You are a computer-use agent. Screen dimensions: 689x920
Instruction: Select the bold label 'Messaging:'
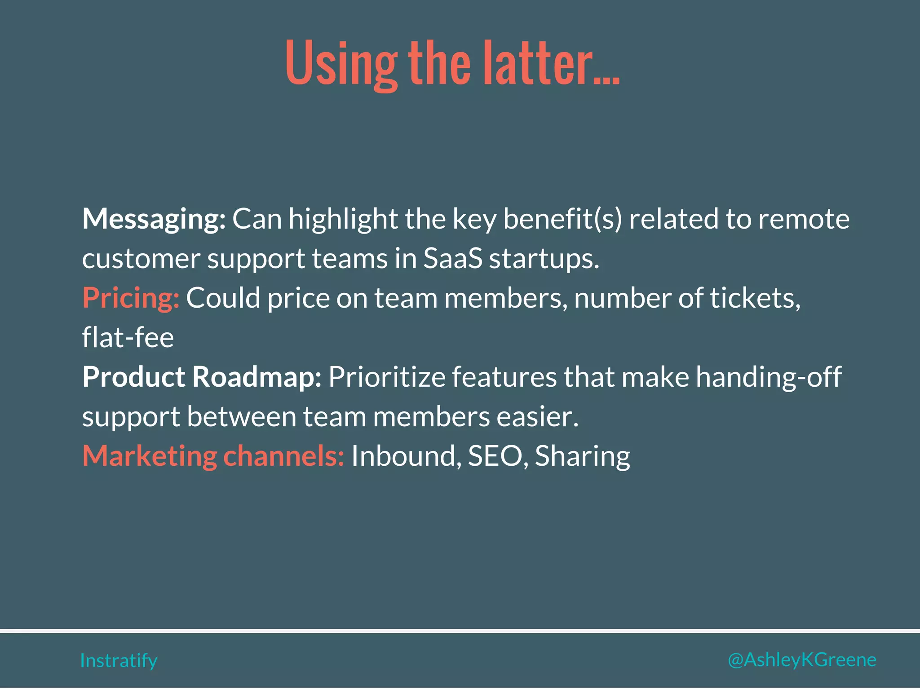[x=154, y=219]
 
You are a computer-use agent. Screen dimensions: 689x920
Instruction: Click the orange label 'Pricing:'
[x=131, y=298]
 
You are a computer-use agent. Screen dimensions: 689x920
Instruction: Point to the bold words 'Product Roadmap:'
[x=202, y=377]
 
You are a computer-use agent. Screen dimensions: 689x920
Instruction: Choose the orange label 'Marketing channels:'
[x=213, y=456]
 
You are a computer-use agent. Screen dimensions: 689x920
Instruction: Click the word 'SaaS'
[x=453, y=259]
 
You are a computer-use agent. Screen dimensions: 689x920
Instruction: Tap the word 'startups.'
[x=544, y=260]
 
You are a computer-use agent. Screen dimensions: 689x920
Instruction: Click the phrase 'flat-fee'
[x=128, y=338]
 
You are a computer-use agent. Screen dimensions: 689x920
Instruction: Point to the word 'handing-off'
[x=769, y=377]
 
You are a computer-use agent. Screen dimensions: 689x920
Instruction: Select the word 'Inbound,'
[x=406, y=456]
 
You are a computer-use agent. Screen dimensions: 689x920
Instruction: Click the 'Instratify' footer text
[x=119, y=661]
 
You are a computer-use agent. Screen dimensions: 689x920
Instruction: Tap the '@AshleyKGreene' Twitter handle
[x=802, y=660]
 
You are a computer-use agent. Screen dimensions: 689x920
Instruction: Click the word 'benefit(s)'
[x=562, y=219]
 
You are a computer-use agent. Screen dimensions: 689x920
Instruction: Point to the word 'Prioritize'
[x=387, y=377]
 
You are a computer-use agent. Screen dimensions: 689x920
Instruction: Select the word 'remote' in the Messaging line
[x=804, y=219]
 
